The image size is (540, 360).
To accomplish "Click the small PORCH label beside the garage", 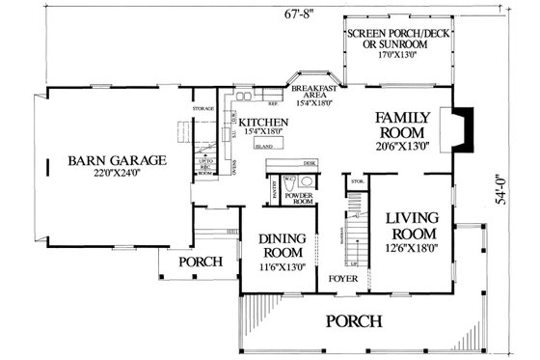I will click(x=200, y=262).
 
